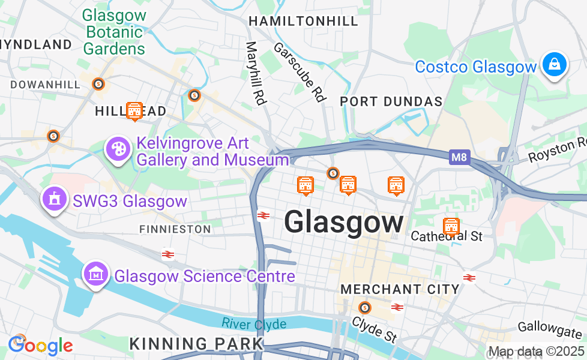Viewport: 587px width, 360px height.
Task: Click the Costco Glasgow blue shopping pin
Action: [x=554, y=65]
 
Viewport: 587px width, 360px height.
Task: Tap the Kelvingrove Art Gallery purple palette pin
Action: [x=118, y=148]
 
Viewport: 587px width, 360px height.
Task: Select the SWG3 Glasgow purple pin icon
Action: [x=54, y=198]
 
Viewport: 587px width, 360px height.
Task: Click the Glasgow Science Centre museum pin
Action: [x=95, y=274]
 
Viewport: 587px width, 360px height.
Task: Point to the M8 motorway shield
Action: [x=459, y=158]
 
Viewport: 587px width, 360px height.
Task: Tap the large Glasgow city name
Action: [x=344, y=223]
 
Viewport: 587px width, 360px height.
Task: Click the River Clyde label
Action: [x=254, y=324]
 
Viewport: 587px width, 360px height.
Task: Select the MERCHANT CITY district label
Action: [x=400, y=289]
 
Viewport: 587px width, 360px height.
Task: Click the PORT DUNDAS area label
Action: [x=391, y=101]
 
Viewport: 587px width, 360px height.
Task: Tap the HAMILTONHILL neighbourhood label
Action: [x=303, y=21]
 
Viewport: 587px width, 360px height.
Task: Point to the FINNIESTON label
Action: [x=175, y=229]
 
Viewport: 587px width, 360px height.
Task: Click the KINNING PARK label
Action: [x=196, y=344]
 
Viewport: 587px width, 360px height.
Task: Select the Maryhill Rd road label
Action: [x=256, y=73]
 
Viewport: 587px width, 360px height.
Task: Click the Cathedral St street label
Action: [x=447, y=236]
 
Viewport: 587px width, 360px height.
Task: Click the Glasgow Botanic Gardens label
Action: [x=114, y=32]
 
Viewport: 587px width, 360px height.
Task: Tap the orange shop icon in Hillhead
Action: [x=134, y=110]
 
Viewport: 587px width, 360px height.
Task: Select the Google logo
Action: [x=40, y=346]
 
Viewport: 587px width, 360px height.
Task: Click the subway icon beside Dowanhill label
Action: [x=99, y=84]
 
